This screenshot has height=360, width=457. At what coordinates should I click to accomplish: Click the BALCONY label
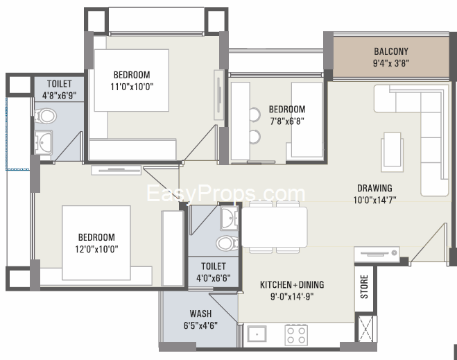tap(391, 51)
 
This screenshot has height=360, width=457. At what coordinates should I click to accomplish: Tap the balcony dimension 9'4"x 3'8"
tap(391, 63)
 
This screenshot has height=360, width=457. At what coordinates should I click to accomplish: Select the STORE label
tap(364, 287)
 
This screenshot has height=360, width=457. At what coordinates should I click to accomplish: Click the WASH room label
tap(200, 314)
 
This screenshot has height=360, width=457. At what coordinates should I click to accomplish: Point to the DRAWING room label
tap(374, 188)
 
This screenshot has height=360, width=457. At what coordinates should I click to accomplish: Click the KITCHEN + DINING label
tap(292, 284)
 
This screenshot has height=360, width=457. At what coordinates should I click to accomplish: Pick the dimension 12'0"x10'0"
tap(96, 249)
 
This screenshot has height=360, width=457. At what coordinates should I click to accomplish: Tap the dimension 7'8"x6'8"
tap(287, 121)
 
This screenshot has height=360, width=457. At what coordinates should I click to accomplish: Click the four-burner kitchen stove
tap(296, 335)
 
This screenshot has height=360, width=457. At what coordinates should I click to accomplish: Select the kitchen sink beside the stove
tap(257, 334)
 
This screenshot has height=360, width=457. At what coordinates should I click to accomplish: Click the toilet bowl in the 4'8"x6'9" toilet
tap(46, 116)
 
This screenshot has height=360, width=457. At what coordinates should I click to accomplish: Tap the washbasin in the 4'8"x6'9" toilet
tap(44, 142)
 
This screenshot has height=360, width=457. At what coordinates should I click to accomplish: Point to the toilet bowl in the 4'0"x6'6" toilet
tap(227, 243)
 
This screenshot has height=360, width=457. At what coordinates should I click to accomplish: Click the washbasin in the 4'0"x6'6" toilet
tap(230, 218)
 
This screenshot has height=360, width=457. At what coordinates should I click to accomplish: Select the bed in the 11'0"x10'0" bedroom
tap(132, 80)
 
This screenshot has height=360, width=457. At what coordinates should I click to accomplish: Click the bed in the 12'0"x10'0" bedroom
tap(96, 243)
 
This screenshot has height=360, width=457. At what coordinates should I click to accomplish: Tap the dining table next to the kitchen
tap(274, 227)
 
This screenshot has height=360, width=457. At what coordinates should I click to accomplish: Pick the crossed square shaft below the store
tap(365, 329)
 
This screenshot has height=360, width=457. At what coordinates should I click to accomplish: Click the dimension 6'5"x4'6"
tap(200, 325)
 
